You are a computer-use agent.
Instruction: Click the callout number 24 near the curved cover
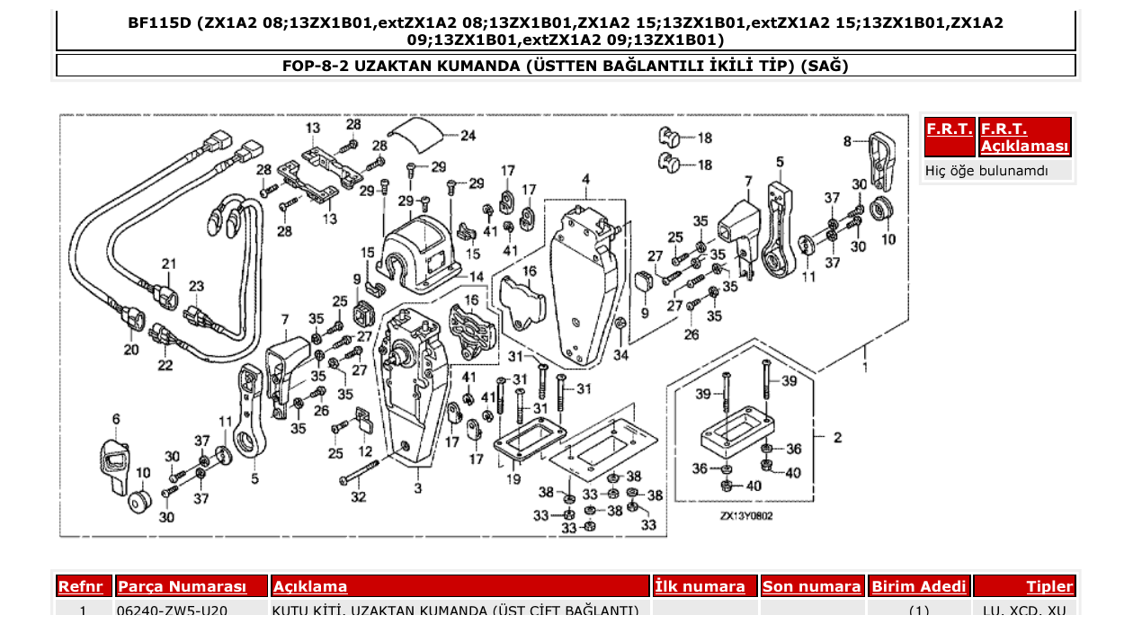[468, 137]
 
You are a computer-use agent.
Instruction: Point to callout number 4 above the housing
[585, 180]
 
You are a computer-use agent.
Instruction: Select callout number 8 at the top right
[847, 141]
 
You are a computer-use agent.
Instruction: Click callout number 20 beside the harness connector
[131, 350]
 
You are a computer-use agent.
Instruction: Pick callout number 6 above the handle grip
[116, 419]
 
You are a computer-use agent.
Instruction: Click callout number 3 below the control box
[417, 488]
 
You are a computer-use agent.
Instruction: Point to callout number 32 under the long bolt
[359, 497]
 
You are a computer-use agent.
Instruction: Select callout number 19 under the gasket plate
[513, 479]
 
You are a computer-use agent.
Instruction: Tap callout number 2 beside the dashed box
[837, 438]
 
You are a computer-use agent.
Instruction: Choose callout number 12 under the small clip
[365, 450]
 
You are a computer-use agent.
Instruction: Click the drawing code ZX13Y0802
[745, 516]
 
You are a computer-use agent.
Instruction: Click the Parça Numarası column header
[182, 587]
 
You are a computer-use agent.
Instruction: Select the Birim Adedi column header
[919, 587]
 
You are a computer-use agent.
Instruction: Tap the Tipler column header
[1049, 587]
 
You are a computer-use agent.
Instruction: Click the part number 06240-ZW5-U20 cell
[173, 611]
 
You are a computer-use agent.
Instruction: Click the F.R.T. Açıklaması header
[1025, 138]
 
